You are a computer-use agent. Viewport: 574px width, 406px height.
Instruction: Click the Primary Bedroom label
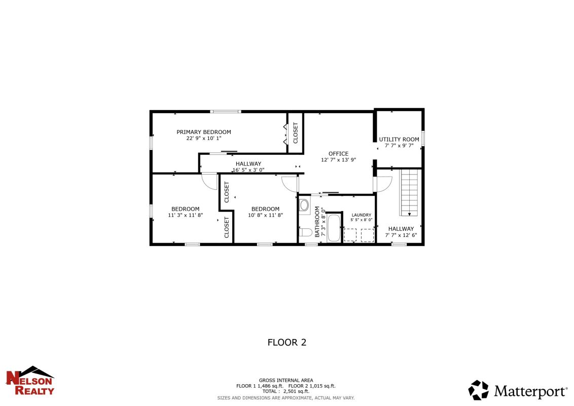tap(203, 132)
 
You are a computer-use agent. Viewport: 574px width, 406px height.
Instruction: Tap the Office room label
tap(338, 154)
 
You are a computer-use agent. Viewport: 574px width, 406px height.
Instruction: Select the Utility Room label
tap(399, 139)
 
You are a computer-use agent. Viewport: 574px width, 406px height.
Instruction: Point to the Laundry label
tap(362, 215)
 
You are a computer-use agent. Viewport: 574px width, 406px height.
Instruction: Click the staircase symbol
tap(410, 192)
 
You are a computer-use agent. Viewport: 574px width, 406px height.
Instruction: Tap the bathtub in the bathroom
tap(334, 228)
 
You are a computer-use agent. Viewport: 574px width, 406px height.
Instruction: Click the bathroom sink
tap(304, 205)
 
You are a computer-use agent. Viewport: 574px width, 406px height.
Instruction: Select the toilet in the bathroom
tap(305, 232)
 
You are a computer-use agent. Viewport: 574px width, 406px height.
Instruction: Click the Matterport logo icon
tap(478, 390)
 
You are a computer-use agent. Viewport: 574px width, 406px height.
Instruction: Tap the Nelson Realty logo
tap(30, 381)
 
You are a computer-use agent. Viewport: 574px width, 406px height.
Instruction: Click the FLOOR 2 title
tap(286, 342)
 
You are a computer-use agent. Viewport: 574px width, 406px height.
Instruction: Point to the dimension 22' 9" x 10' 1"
tap(203, 139)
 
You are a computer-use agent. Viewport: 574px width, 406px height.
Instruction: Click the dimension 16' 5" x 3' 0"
tap(248, 170)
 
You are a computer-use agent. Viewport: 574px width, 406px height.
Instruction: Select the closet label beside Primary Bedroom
tap(296, 132)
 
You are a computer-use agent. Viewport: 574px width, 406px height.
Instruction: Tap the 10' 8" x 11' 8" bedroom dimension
tap(265, 216)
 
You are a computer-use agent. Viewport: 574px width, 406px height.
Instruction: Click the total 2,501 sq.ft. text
tap(285, 391)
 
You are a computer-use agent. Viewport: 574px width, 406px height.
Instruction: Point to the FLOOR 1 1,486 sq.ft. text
tap(260, 386)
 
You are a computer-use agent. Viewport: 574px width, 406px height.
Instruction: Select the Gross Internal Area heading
tap(286, 380)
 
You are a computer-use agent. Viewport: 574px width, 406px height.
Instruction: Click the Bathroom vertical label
tap(317, 222)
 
